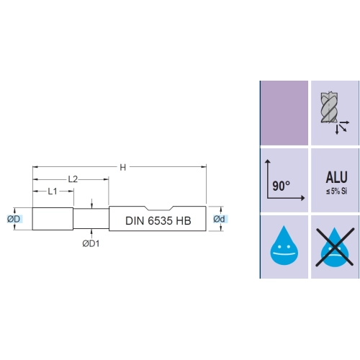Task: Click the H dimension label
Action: click(x=122, y=167)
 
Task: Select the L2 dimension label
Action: click(x=73, y=179)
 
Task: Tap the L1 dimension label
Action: click(x=53, y=192)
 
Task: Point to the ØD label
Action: click(x=14, y=219)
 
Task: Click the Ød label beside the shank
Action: click(x=219, y=219)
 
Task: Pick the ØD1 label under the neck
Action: click(x=91, y=243)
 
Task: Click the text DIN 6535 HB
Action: click(x=158, y=221)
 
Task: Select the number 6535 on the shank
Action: click(x=160, y=221)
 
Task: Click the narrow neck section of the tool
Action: click(x=91, y=219)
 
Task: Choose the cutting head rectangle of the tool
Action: click(x=53, y=219)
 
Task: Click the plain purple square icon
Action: click(x=284, y=113)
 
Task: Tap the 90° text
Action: click(x=281, y=186)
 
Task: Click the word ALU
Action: click(x=336, y=177)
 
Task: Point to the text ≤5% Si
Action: click(x=336, y=192)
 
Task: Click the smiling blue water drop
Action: click(x=284, y=246)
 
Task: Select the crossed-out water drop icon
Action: click(x=335, y=247)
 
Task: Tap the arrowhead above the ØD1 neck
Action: click(x=91, y=206)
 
